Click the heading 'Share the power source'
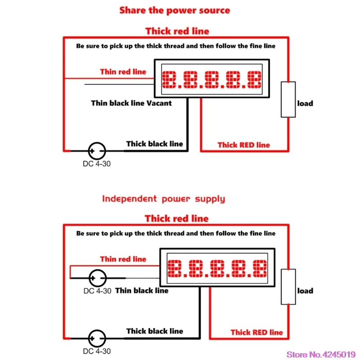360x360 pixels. point(175,10)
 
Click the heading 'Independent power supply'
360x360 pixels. point(163,198)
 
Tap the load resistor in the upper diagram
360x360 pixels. point(288,99)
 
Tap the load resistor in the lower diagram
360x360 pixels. point(288,287)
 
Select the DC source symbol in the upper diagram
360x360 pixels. point(96,150)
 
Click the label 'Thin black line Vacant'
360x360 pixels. point(131,103)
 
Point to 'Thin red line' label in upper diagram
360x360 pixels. point(123,72)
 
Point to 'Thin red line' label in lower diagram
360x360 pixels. point(123,259)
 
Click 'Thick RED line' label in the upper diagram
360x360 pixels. point(243,145)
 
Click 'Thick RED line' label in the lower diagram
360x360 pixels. point(256,332)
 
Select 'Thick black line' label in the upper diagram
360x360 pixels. point(154,144)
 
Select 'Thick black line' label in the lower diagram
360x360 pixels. point(154,331)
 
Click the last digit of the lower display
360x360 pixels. point(258,269)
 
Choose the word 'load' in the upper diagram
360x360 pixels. point(305,103)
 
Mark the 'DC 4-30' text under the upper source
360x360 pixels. point(96,163)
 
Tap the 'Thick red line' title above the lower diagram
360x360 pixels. point(176,219)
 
